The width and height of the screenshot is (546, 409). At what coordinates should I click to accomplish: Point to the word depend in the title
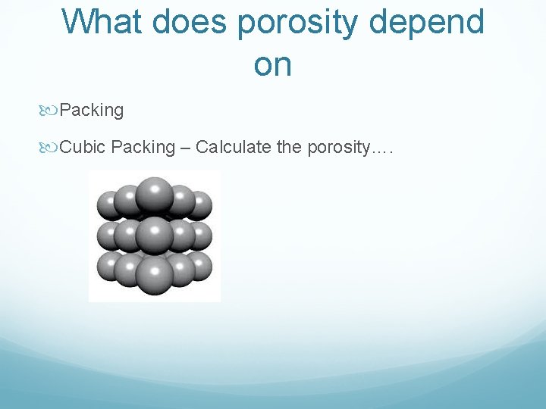click(428, 22)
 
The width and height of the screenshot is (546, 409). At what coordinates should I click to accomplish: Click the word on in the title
click(273, 66)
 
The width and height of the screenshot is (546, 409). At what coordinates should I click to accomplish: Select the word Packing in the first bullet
click(92, 111)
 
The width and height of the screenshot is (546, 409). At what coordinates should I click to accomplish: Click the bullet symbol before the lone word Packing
click(51, 111)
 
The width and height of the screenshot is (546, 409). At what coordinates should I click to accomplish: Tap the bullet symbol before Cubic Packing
click(51, 147)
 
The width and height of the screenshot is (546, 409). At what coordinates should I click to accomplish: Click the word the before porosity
click(289, 147)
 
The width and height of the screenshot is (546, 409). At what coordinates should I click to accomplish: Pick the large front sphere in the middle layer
click(155, 232)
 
